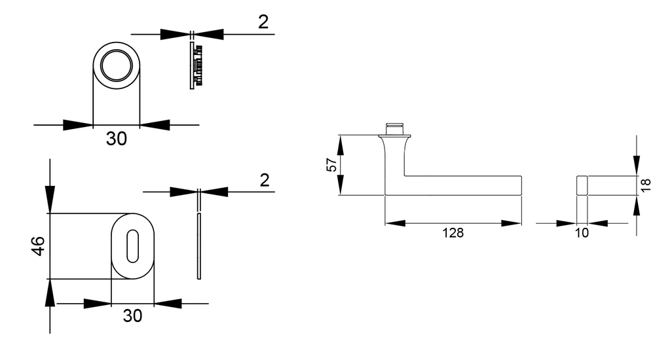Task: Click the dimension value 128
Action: point(453,232)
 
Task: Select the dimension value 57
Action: point(331,165)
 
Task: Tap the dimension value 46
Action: point(38,245)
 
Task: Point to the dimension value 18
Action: point(645,185)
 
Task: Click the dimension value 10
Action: point(582,232)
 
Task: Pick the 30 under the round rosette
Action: point(116,138)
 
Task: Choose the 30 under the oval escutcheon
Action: point(132,315)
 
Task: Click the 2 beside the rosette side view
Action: point(263,22)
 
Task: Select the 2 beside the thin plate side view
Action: point(265,180)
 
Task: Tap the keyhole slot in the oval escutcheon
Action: point(132,246)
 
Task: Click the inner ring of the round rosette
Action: point(116,65)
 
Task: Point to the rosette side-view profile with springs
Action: point(195,65)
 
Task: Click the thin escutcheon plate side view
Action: point(199,246)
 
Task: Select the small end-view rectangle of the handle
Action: point(582,185)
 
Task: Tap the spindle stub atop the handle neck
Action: point(394,129)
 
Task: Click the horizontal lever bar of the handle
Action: point(463,185)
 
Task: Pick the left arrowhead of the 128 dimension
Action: point(395,223)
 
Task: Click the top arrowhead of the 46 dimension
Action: point(50,199)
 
